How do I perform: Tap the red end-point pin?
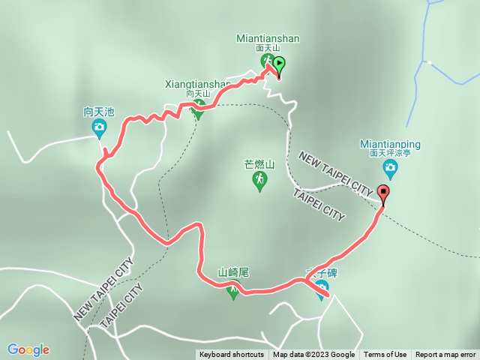(x=384, y=193)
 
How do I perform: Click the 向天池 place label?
(x=99, y=112)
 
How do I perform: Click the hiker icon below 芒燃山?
(x=260, y=181)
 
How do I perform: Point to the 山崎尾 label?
(x=232, y=273)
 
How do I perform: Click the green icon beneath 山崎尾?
(x=233, y=291)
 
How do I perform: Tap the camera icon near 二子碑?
(x=322, y=292)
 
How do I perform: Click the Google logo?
(x=28, y=349)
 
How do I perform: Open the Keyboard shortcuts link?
(x=232, y=355)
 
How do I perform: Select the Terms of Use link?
(x=385, y=355)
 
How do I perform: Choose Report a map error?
(x=446, y=355)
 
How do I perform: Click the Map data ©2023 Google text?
(x=313, y=355)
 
